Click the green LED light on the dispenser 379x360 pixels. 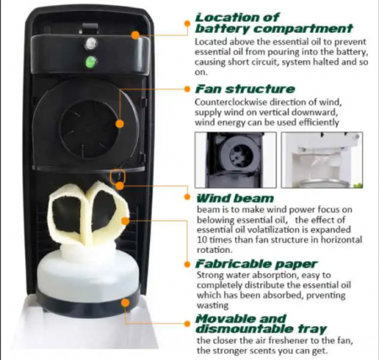tap(91, 62)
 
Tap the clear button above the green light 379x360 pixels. tap(91, 44)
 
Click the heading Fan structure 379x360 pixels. tap(245, 89)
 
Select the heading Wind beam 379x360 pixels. tap(235, 198)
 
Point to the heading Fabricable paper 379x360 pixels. tap(257, 264)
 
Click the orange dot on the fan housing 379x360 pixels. tap(120, 124)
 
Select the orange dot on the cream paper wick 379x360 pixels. tap(125, 221)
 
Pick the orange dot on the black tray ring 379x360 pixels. tap(125, 303)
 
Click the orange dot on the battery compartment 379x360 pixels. tap(136, 35)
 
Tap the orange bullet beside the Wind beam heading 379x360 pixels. tap(188, 196)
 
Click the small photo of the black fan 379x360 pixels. tap(236, 160)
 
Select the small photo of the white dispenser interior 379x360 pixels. tap(322, 160)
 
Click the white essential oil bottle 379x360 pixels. tap(88, 270)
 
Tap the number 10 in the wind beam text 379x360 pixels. tap(202, 239)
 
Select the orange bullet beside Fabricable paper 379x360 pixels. tap(188, 264)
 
